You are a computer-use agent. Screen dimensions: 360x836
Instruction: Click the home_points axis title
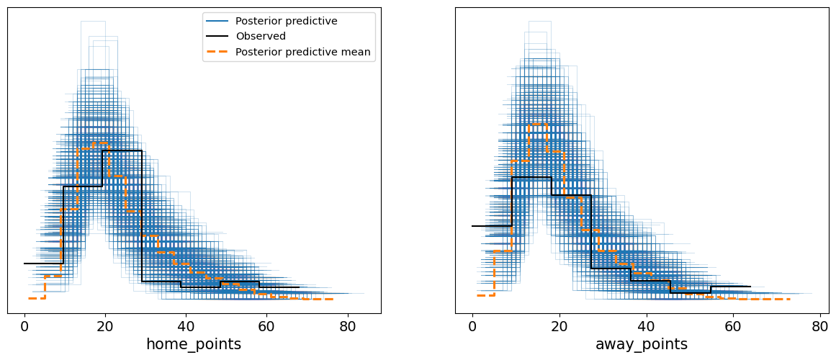point(193,345)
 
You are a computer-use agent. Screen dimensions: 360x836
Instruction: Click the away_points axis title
point(641,345)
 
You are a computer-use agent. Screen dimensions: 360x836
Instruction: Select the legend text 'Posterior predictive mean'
point(303,51)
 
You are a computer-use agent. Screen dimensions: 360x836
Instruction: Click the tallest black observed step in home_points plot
point(122,150)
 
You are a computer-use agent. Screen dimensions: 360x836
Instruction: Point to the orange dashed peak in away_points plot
point(537,124)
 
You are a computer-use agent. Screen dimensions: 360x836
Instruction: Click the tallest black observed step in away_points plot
point(531,177)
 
